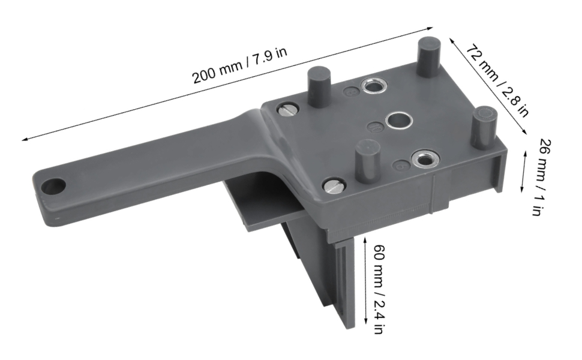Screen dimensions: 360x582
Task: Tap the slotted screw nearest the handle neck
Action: point(287,110)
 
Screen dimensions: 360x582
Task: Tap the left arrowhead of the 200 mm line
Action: point(24,139)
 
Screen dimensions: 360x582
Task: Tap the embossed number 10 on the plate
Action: point(374,127)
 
